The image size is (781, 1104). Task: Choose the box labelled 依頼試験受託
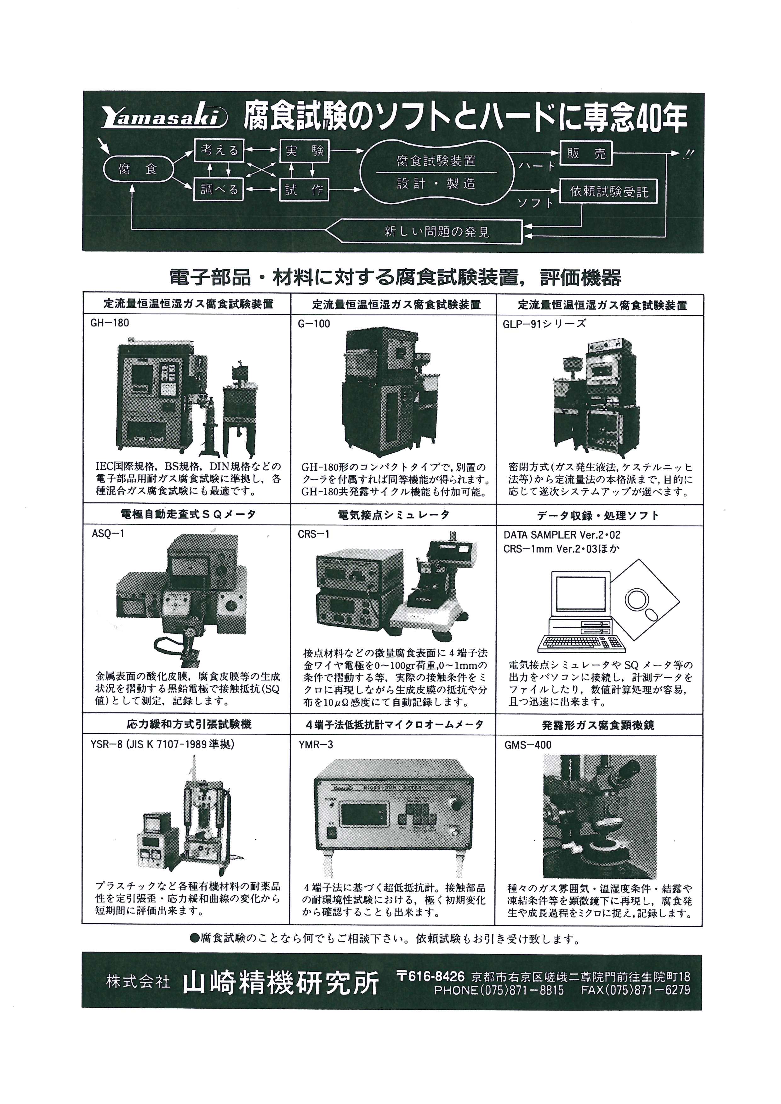click(x=609, y=192)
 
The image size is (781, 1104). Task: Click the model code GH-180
click(x=110, y=323)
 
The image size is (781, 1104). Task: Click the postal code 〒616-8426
click(x=430, y=977)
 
